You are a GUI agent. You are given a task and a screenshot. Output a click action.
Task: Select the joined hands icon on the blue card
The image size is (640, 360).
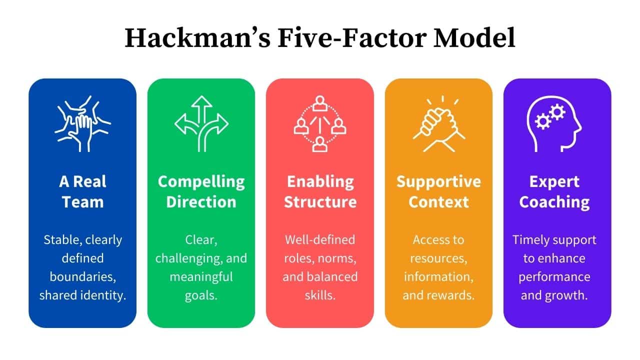click(82, 123)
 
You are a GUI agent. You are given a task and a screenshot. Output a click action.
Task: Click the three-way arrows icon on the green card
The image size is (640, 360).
click(201, 123)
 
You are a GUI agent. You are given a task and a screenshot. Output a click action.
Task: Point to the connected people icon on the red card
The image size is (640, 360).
click(319, 123)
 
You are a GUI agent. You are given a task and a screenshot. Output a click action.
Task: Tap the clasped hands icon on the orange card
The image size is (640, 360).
click(438, 123)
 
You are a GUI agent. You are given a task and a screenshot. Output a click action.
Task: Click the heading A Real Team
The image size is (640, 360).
click(82, 191)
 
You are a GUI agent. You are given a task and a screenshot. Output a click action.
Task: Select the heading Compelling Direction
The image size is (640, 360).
click(201, 191)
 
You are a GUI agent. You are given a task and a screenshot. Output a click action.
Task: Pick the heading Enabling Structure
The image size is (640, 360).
click(320, 191)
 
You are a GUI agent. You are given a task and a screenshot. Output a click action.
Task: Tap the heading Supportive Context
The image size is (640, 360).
click(438, 191)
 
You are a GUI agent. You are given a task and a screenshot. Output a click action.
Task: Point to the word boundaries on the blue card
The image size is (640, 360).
click(82, 276)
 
